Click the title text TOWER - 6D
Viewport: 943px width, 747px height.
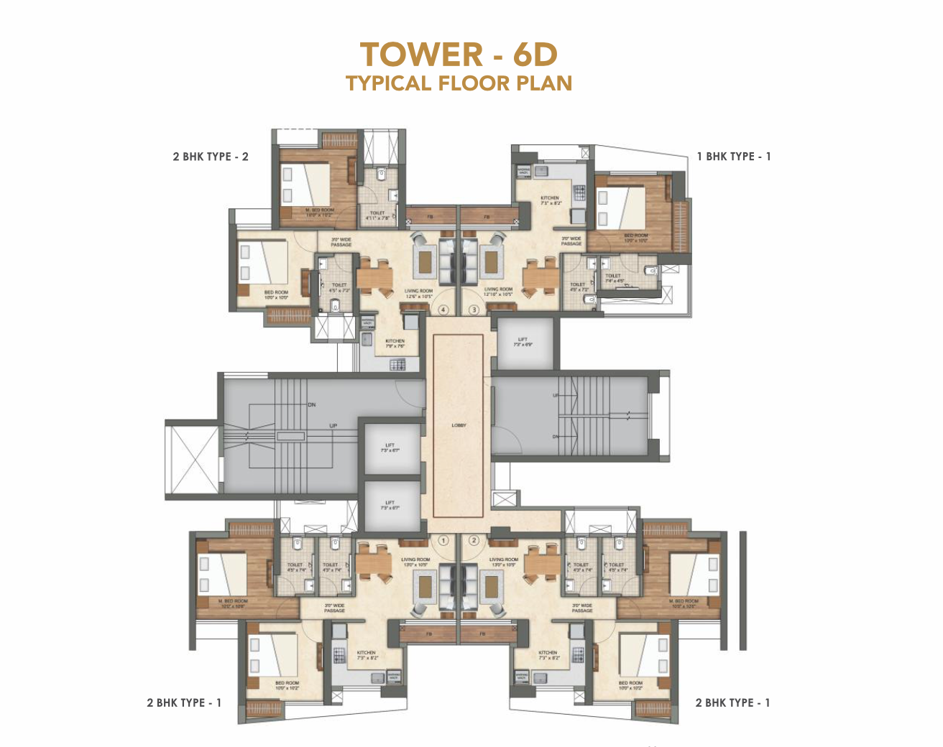(459, 55)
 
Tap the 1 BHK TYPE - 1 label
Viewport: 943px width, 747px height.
(733, 157)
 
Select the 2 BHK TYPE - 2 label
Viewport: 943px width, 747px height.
(210, 157)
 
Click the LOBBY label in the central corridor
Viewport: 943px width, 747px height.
(459, 425)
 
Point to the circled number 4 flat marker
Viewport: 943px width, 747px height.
(443, 310)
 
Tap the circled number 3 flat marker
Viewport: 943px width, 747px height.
(474, 310)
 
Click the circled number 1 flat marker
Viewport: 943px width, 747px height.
(443, 540)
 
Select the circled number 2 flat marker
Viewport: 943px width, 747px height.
(474, 540)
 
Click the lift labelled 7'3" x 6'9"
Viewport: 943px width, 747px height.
(523, 342)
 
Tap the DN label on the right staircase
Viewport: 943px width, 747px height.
(556, 437)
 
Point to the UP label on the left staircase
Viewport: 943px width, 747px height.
(333, 426)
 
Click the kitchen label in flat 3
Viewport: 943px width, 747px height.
(550, 200)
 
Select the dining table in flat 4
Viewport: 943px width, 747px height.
(374, 276)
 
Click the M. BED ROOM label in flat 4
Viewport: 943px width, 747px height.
(319, 212)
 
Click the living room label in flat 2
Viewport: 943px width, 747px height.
(503, 562)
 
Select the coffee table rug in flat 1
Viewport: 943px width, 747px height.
(424, 587)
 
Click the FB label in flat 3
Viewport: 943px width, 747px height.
(487, 216)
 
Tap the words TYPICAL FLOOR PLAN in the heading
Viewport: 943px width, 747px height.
(459, 83)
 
